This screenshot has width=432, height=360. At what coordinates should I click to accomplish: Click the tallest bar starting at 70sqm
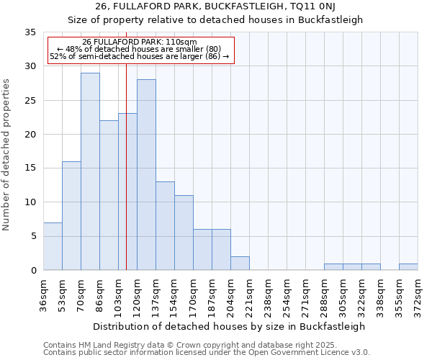90,171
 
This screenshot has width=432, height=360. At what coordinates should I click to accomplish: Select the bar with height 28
146,175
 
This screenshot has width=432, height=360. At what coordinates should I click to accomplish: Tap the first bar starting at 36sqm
53,246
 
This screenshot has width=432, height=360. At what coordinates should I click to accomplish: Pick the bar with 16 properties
71,215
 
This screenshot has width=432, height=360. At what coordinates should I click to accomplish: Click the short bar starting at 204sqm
240,264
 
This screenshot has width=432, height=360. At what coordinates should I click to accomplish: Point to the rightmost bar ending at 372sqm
408,267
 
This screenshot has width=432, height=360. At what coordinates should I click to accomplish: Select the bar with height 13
165,225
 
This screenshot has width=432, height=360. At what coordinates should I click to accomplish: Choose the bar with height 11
184,233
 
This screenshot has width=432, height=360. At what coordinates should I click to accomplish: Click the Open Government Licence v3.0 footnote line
207,353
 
